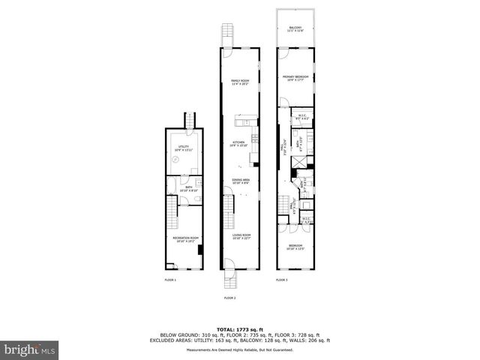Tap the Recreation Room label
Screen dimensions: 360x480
184,240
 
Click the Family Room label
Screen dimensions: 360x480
240,83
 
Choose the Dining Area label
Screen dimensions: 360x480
240,181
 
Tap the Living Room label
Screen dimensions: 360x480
240,238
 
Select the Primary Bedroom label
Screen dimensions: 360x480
296,78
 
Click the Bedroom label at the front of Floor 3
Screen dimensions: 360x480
296,247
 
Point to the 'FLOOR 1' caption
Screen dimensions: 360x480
170,280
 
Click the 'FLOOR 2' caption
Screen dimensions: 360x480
229,298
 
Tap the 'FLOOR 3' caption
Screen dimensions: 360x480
281,280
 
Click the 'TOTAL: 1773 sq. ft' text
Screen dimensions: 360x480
240,329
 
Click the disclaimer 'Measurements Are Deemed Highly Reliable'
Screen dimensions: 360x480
240,349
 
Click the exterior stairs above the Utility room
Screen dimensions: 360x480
190,120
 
